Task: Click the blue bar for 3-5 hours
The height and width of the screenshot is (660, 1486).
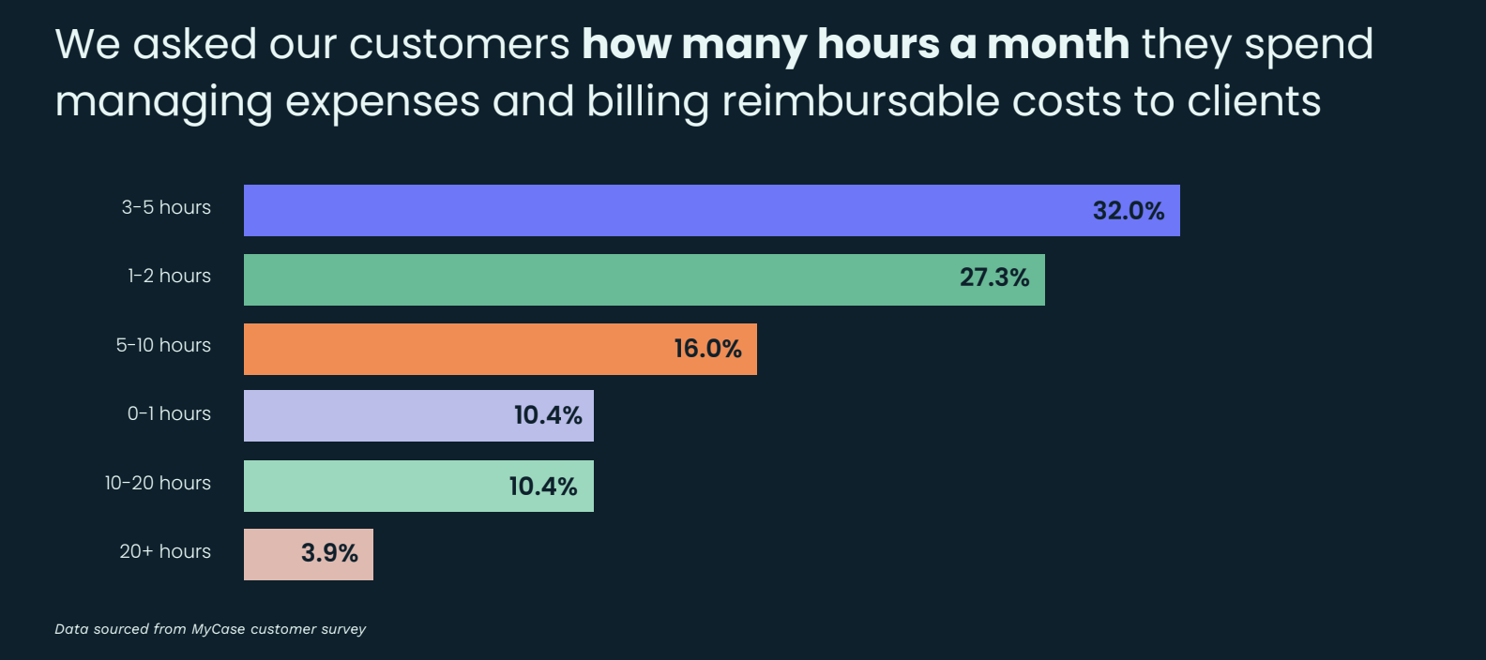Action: tap(657, 210)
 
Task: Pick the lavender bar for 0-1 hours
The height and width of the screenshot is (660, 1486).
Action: tap(375, 415)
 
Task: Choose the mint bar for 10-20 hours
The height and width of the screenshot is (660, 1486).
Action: tap(375, 486)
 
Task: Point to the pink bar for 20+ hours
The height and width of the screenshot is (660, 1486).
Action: tap(272, 554)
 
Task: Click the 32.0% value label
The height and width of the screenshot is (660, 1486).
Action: tap(1129, 211)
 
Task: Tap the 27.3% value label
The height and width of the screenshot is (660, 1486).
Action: tap(994, 277)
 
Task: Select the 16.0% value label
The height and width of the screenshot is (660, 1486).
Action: tap(707, 349)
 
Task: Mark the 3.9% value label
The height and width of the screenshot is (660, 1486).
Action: tap(329, 553)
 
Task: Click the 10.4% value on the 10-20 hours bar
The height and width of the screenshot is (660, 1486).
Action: tap(543, 487)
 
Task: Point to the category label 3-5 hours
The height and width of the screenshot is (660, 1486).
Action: tap(166, 207)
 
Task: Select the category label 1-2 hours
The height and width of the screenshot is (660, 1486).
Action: tap(169, 276)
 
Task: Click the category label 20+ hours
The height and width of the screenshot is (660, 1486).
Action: tap(165, 551)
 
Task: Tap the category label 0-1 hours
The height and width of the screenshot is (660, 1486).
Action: tap(169, 413)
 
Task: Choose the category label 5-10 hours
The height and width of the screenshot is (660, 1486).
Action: tap(163, 345)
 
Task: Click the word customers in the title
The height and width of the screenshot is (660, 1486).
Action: tap(459, 44)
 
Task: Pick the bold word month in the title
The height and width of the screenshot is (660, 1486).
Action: tap(1058, 44)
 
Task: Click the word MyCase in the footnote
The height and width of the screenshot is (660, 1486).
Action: tap(219, 629)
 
